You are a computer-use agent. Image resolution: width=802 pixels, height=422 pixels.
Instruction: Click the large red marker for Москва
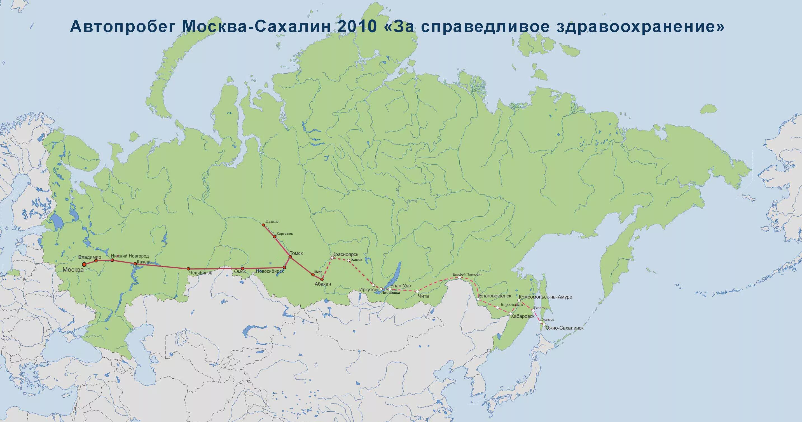pyautogui.click(x=84, y=264)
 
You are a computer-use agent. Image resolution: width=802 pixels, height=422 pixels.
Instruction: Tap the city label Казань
pyautogui.click(x=144, y=262)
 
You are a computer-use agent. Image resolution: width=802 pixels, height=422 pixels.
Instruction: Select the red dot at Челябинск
pyautogui.click(x=188, y=269)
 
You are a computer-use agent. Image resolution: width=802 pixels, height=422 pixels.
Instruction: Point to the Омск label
pyautogui.click(x=240, y=272)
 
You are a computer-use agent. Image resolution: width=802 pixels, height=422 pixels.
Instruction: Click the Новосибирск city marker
pyautogui.click(x=284, y=267)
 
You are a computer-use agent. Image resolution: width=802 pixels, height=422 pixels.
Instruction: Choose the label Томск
pyautogui.click(x=296, y=253)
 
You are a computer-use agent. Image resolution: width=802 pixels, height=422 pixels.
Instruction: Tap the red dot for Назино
pyautogui.click(x=263, y=225)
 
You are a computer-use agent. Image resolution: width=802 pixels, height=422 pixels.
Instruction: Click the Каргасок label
pyautogui.click(x=285, y=233)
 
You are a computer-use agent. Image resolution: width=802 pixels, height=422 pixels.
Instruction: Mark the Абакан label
pyautogui.click(x=322, y=284)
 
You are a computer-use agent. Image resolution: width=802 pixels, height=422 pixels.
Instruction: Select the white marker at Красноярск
pyautogui.click(x=332, y=258)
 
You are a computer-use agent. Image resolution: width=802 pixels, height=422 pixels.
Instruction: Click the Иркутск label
pyautogui.click(x=368, y=289)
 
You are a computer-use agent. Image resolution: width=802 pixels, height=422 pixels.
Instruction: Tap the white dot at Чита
pyautogui.click(x=417, y=292)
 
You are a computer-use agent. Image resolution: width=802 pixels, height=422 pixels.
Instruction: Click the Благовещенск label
pyautogui.click(x=495, y=296)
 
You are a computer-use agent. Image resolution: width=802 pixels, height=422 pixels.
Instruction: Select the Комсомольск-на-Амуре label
pyautogui.click(x=546, y=297)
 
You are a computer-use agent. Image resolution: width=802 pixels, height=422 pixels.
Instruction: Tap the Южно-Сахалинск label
pyautogui.click(x=564, y=328)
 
